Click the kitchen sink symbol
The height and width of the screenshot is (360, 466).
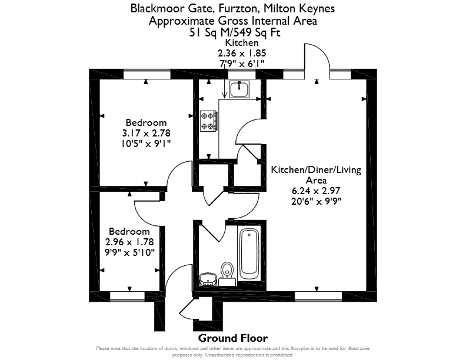tap(239, 89)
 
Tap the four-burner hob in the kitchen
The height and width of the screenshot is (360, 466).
tap(208, 121)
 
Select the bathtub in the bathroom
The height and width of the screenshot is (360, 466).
tap(249, 254)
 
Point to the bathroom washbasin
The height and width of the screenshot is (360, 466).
tap(208, 279)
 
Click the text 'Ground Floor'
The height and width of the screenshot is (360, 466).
tap(232, 338)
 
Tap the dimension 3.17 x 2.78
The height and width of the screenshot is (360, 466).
tap(146, 133)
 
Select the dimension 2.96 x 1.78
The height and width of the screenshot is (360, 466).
tap(129, 242)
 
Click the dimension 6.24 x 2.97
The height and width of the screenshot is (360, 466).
tap(316, 191)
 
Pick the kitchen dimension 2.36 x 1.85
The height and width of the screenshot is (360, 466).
tap(242, 53)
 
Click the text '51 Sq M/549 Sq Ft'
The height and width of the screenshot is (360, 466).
tap(235, 32)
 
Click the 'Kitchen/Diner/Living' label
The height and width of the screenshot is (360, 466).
tap(316, 170)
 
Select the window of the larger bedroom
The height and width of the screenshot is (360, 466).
tap(147, 74)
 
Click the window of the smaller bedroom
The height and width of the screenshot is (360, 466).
tap(127, 296)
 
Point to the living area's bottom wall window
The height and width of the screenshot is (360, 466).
tap(318, 296)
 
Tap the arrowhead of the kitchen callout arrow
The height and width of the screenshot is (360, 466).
tap(224, 95)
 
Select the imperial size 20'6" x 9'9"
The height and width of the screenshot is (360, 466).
tap(316, 201)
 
